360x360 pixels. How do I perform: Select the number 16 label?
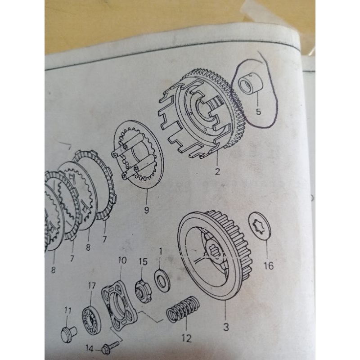click(268, 265)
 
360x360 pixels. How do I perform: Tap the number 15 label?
click(143, 261)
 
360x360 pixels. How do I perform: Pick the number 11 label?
click(68, 310)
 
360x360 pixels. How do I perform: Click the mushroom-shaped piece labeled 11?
click(68, 333)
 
